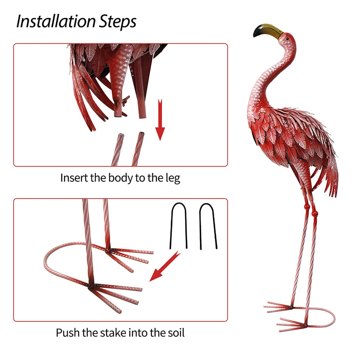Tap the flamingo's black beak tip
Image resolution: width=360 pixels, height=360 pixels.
pyautogui.click(x=256, y=33)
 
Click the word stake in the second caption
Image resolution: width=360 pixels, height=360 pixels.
pyautogui.click(x=113, y=333)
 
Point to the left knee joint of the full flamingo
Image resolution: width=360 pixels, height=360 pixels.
pyautogui.click(x=306, y=207)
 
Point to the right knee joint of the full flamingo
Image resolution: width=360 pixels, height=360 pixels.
pyautogui.click(x=315, y=213)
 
